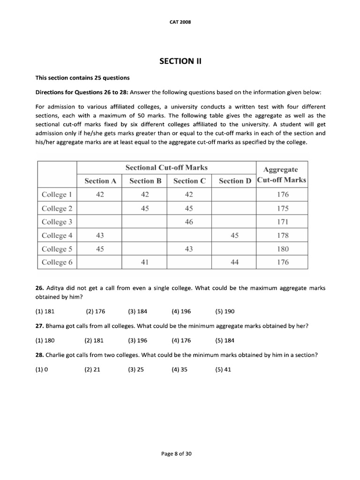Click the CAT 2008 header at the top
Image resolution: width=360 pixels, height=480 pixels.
click(180, 22)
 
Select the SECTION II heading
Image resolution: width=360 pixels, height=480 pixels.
click(180, 61)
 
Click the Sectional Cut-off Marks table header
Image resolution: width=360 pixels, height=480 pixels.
click(166, 168)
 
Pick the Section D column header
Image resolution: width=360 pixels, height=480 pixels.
click(234, 181)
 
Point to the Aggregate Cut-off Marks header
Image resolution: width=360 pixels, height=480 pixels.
click(282, 174)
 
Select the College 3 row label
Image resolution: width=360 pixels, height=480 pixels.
click(57, 222)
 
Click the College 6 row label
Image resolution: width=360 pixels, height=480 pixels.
click(57, 262)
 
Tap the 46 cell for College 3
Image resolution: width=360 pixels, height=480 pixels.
click(189, 222)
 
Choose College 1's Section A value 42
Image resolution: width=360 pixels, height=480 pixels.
click(100, 195)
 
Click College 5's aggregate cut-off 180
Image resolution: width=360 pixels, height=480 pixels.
click(282, 249)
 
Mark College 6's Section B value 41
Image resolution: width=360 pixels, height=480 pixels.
click(144, 262)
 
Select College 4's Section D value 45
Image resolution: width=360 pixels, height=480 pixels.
click(234, 235)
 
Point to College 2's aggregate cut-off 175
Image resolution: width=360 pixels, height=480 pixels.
click(282, 208)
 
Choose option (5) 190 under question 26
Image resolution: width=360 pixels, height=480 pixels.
click(225, 311)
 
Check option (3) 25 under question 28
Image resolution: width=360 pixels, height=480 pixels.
click(135, 369)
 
